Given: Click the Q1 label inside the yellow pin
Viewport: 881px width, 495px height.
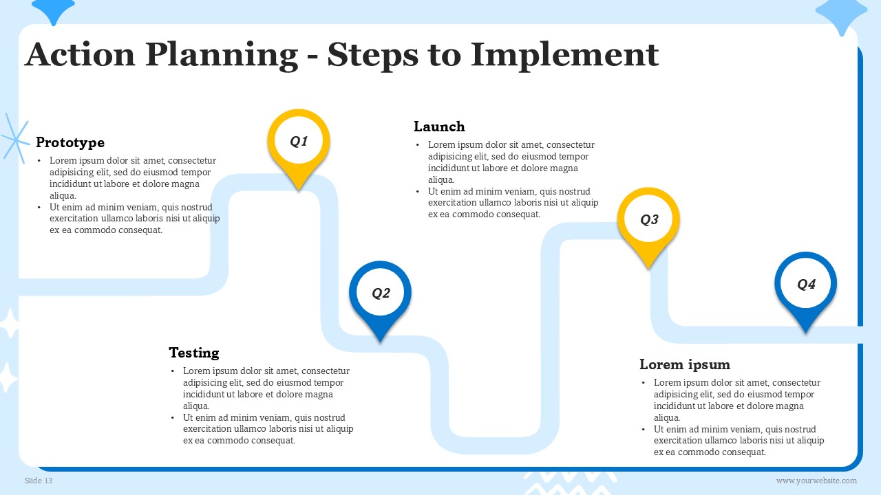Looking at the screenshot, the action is click(299, 141).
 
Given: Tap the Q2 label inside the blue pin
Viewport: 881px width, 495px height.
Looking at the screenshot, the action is click(381, 293).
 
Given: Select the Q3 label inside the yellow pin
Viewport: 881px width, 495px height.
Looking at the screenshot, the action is click(649, 219).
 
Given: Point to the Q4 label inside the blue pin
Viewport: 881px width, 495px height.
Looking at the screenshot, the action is click(806, 284).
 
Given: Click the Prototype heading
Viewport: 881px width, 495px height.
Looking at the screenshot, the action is click(70, 142).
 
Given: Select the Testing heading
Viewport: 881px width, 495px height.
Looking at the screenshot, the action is click(194, 353).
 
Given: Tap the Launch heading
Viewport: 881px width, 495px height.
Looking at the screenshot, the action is click(439, 126).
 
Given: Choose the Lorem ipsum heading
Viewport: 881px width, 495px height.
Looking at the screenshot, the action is click(685, 364).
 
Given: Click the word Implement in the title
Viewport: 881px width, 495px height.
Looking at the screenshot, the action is click(565, 55).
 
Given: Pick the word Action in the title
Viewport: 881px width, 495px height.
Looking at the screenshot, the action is click(81, 54).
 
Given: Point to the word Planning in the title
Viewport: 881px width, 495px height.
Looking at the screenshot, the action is click(222, 56).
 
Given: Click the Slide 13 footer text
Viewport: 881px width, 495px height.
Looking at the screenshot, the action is click(39, 481).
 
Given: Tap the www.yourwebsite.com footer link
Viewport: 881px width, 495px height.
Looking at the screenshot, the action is click(816, 481).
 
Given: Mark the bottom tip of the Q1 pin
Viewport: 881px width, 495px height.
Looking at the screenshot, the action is click(299, 190).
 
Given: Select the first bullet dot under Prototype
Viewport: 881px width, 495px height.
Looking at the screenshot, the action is click(39, 161).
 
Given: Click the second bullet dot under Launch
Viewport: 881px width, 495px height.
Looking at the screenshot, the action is click(417, 192).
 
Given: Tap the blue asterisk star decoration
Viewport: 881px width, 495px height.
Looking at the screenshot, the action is click(15, 138).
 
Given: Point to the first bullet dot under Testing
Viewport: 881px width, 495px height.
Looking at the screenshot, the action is click(172, 371).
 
